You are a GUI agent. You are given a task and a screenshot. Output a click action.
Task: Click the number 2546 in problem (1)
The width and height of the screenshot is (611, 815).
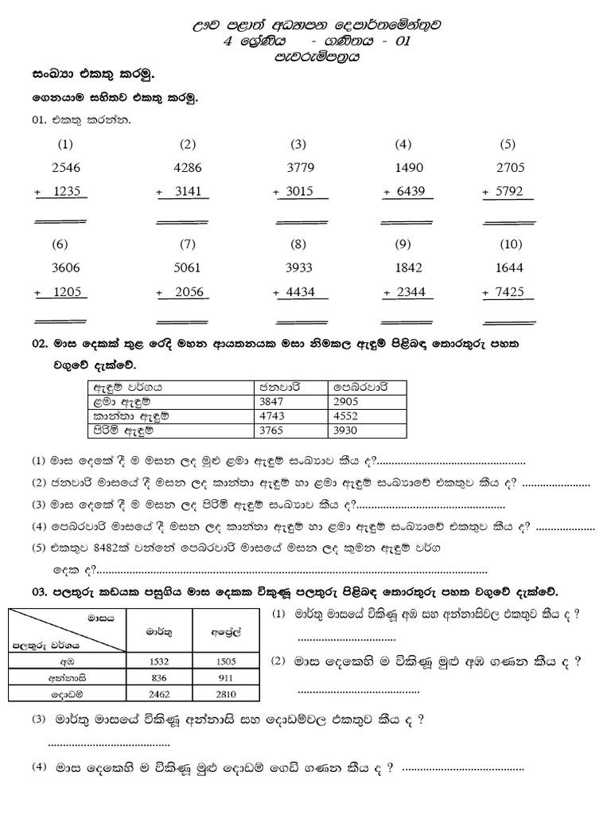(x=65, y=168)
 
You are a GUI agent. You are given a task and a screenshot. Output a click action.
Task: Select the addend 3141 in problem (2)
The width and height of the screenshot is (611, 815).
(x=189, y=192)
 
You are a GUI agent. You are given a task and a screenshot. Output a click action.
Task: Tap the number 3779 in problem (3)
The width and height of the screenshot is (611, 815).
(x=298, y=168)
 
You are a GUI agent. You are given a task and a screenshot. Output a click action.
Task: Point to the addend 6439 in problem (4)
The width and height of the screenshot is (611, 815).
(x=410, y=192)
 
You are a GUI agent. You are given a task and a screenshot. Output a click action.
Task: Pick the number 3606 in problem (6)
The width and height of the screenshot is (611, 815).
(x=65, y=268)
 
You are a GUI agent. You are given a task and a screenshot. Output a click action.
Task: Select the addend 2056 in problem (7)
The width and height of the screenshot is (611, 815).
(x=189, y=292)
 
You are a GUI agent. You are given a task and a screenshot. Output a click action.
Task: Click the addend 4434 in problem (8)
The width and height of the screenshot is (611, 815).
(x=298, y=292)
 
